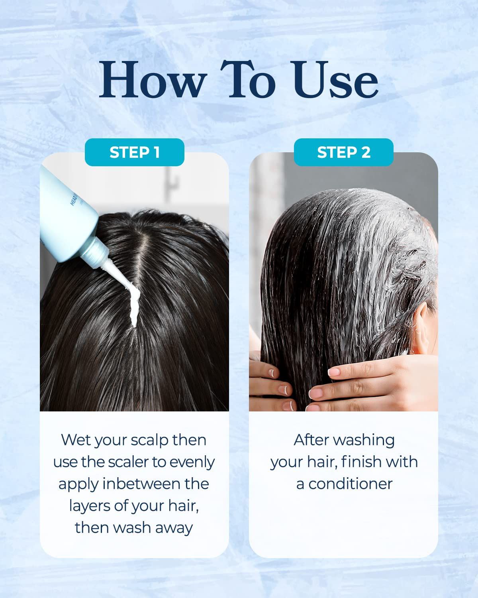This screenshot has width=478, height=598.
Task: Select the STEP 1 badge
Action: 134,152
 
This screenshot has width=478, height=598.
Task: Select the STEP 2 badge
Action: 344,152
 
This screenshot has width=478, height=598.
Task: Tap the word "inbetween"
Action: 142,484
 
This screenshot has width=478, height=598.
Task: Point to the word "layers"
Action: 90,506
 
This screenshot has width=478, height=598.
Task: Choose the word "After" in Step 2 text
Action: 311,440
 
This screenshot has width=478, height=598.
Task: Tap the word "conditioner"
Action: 351,484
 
